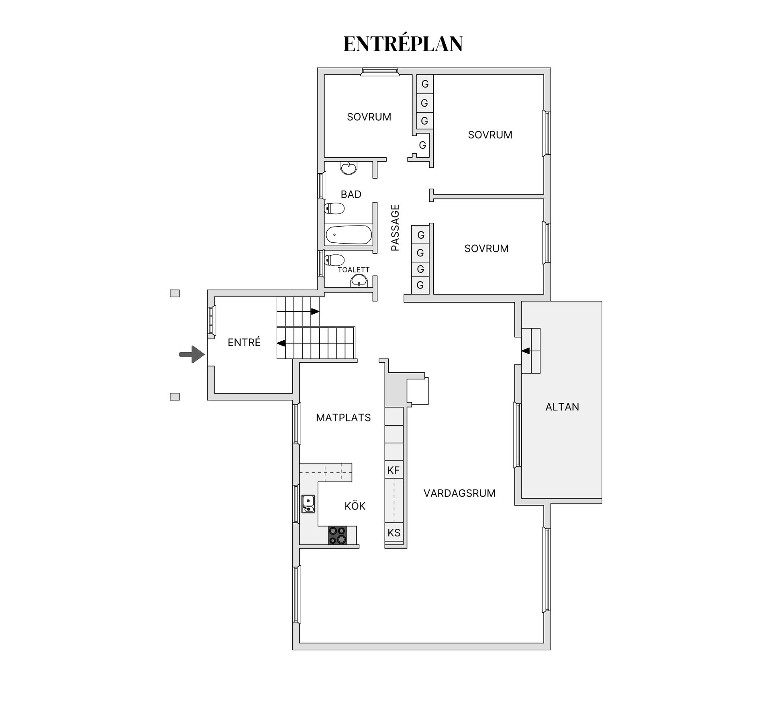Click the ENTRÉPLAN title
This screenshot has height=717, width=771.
(403, 44)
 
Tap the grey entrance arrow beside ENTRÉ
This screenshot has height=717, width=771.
(192, 354)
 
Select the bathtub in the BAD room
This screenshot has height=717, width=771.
(349, 235)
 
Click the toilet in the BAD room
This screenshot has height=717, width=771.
(335, 209)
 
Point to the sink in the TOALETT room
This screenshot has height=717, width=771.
(359, 281)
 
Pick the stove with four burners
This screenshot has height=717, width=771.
(338, 535)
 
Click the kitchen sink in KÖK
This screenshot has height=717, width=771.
(308, 504)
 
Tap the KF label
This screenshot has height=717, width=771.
(394, 470)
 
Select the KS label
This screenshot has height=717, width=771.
(394, 532)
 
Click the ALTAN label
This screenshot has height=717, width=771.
(562, 407)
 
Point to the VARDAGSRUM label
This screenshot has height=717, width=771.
(459, 493)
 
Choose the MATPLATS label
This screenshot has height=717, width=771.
(343, 418)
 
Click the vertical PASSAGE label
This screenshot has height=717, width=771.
(396, 228)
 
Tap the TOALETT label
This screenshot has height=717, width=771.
(353, 270)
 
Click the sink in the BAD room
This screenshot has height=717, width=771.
(349, 168)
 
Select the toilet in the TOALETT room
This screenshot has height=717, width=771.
(335, 260)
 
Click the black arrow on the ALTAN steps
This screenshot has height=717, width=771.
(526, 351)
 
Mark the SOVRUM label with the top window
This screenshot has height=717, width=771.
(369, 117)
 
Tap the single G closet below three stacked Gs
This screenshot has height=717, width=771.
(422, 145)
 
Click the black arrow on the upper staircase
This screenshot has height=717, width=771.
(315, 311)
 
